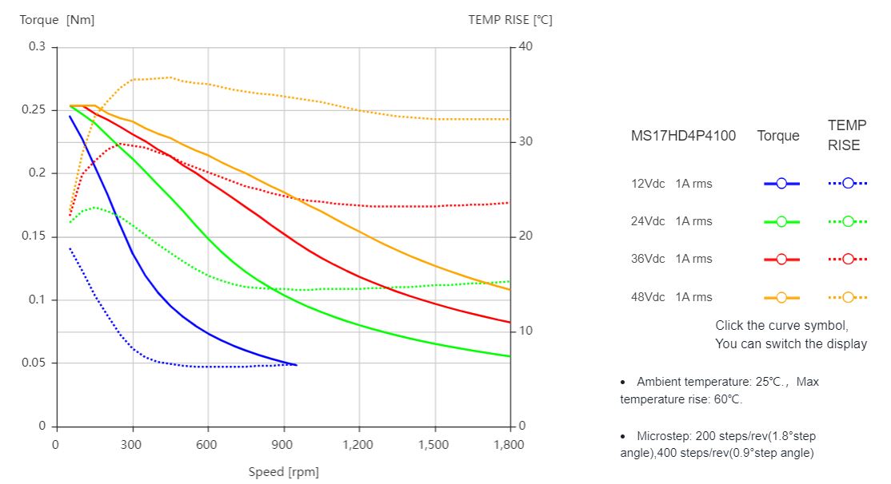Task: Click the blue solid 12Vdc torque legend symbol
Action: click(x=781, y=184)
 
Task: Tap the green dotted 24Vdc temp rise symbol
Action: click(x=848, y=221)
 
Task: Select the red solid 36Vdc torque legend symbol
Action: click(x=781, y=259)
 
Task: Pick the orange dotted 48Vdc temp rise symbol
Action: click(x=848, y=297)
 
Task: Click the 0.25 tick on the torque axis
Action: click(x=36, y=110)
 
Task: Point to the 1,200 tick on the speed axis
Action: click(x=359, y=444)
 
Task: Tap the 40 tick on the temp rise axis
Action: click(x=525, y=47)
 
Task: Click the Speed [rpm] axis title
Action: click(x=283, y=472)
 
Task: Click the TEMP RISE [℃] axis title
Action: click(x=510, y=20)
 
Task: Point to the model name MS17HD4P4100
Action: click(x=683, y=136)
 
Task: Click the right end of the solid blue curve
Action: click(x=296, y=365)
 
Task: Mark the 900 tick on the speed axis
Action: click(x=283, y=444)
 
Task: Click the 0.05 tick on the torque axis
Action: click(x=36, y=363)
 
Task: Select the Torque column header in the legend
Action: click(x=778, y=136)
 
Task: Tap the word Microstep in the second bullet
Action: click(x=663, y=436)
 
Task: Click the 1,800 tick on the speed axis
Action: click(x=509, y=444)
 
